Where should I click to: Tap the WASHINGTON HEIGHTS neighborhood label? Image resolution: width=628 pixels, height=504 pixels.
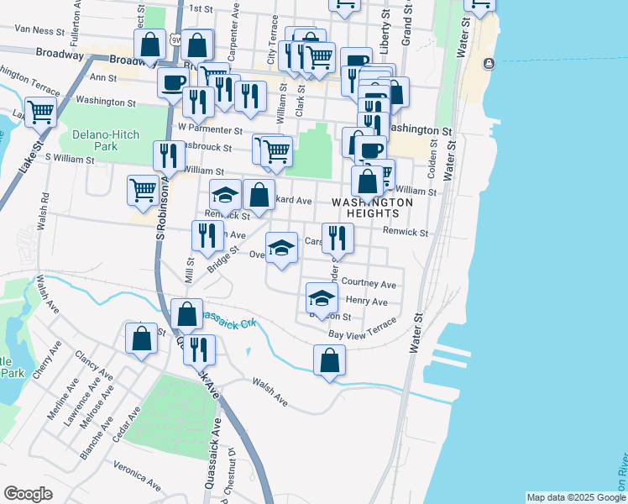373,209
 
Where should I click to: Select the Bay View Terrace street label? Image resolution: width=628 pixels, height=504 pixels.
362,329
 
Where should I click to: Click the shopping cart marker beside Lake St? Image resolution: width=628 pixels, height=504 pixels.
40,110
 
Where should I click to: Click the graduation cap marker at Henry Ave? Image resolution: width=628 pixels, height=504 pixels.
322,297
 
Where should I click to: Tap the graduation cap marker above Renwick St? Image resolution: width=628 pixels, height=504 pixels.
225,195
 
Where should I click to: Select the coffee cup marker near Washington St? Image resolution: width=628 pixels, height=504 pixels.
174,82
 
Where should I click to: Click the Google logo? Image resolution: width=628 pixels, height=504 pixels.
28,494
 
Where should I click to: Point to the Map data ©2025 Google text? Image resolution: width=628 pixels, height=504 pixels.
576,497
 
